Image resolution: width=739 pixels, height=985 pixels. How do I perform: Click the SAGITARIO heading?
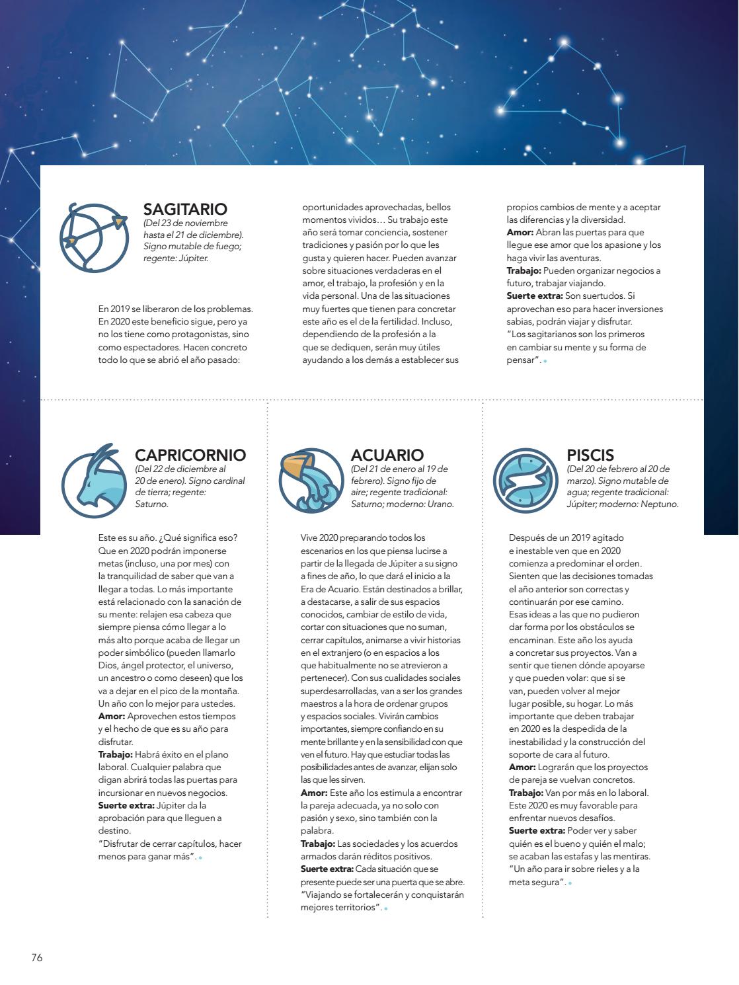tap(185, 209)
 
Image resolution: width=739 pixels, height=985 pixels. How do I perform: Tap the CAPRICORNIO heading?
tap(190, 455)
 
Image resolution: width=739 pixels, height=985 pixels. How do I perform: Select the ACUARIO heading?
tap(387, 455)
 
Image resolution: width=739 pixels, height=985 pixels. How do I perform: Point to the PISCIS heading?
tap(590, 455)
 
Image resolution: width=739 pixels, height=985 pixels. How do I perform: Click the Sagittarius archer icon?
tap(93, 237)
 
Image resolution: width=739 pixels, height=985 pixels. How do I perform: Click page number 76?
tap(36, 957)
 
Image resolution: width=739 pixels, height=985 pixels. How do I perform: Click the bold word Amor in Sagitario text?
tap(519, 233)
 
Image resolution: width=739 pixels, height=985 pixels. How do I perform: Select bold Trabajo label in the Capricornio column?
tap(116, 754)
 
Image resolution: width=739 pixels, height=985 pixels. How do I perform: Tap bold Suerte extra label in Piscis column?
tap(537, 831)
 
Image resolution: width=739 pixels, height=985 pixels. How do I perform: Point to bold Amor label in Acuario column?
tap(313, 793)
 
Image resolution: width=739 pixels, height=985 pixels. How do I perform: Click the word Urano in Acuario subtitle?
tap(440, 504)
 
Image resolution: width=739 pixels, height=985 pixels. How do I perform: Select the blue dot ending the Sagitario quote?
tap(545, 361)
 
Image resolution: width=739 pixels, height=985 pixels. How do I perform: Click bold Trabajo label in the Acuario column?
tap(318, 844)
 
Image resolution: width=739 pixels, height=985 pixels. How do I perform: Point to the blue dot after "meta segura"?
tap(570, 883)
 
